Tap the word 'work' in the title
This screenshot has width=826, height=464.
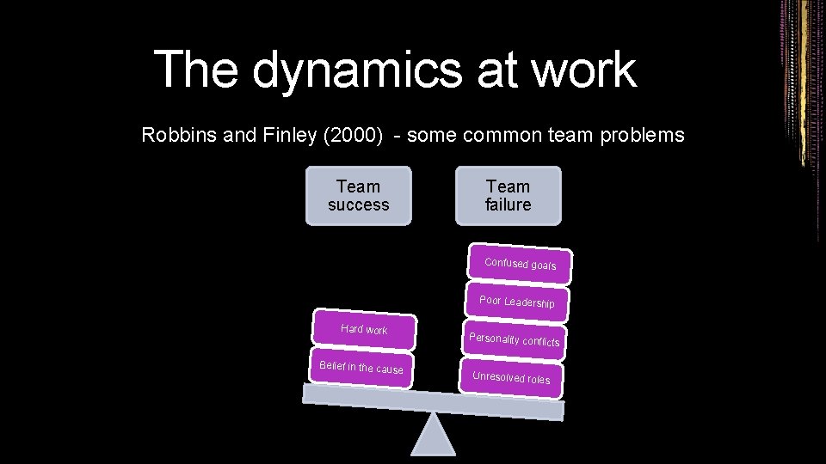[x=584, y=70]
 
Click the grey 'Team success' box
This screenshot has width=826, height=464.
[x=358, y=196]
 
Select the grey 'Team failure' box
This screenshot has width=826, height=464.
[x=508, y=196]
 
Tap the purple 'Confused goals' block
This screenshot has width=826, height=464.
[x=520, y=264]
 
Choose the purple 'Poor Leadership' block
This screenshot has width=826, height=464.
[x=516, y=302]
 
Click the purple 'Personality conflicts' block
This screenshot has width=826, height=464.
[x=514, y=339]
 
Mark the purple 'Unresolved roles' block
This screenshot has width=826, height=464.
[x=511, y=377]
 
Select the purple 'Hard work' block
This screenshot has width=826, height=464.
[x=364, y=330]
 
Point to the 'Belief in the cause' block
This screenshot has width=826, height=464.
[x=361, y=368]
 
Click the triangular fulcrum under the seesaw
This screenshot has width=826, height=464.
[x=432, y=437]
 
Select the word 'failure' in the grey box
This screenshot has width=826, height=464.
[x=508, y=205]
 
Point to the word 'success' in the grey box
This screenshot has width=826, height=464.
[x=358, y=205]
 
